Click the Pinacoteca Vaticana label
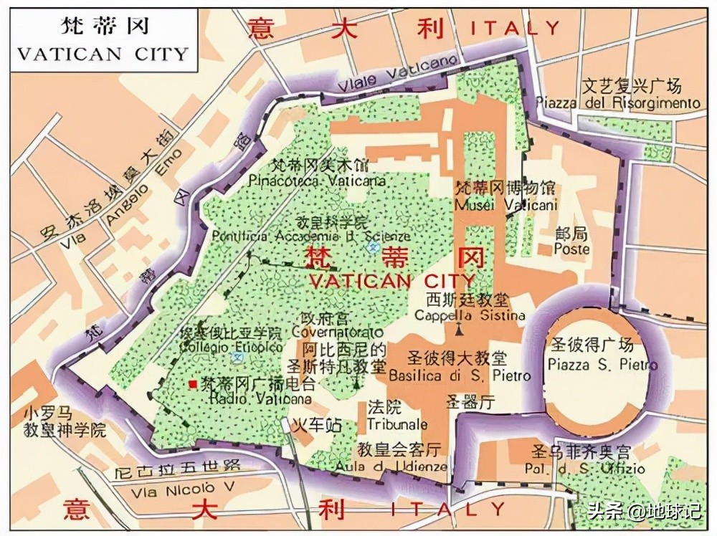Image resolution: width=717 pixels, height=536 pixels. [x=317, y=181]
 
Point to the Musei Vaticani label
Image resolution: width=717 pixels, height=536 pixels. [x=506, y=206]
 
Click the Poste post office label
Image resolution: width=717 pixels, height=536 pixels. [x=571, y=249]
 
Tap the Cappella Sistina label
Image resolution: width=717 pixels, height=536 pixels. [x=470, y=315]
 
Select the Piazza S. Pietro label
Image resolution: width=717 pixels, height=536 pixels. [x=602, y=365]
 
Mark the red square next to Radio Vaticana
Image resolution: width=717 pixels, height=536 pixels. [x=192, y=384]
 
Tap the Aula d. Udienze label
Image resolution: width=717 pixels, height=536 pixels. [x=391, y=466]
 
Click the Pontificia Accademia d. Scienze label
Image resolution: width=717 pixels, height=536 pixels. [x=311, y=236]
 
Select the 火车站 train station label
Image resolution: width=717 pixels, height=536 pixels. [x=319, y=424]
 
